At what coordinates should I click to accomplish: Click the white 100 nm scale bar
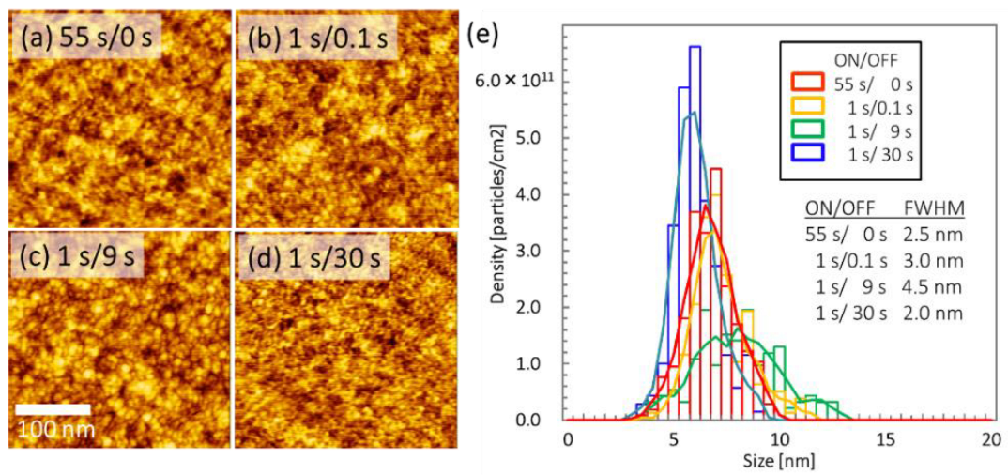(x=54, y=409)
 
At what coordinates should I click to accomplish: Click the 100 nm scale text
(x=54, y=430)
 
